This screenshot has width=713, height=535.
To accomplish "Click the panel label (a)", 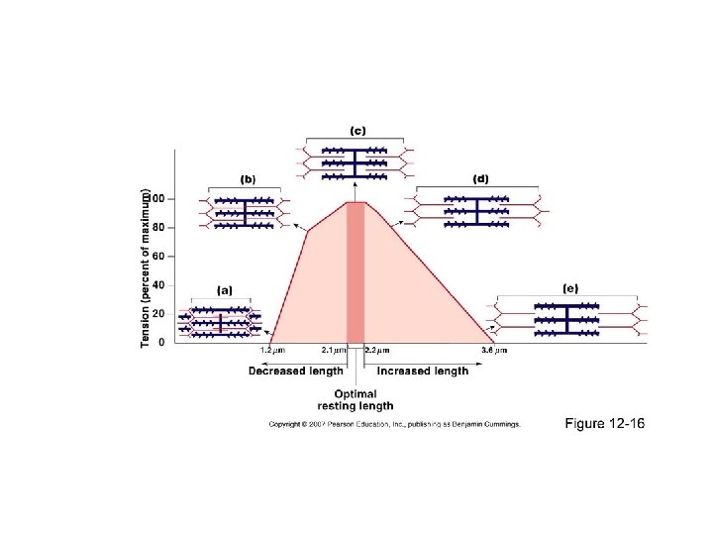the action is [x=225, y=290].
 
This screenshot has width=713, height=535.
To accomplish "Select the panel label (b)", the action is [x=248, y=179].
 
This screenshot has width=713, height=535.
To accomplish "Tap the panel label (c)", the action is [x=357, y=130].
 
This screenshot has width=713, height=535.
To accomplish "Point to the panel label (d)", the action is [x=480, y=179].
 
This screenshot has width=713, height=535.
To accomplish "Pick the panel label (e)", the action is [x=569, y=288].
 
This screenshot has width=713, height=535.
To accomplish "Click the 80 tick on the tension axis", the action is [x=158, y=227].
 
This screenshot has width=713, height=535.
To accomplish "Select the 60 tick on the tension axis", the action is [x=158, y=256].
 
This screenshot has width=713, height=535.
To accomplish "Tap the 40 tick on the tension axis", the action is [x=158, y=284].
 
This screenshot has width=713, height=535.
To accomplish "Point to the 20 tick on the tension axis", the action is [x=158, y=313].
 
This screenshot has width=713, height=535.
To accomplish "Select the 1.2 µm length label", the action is [x=272, y=350].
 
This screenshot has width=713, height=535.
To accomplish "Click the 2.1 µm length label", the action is [x=334, y=350].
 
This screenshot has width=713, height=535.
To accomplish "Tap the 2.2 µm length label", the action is [x=377, y=350].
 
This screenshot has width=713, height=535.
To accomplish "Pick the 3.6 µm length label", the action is [x=494, y=350].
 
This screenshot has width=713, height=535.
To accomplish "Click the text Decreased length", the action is [x=296, y=372].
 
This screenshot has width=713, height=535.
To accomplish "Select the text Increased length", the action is [x=422, y=372].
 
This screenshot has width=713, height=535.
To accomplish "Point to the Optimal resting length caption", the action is [x=356, y=399].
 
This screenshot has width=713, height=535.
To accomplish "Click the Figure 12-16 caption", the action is [x=604, y=424].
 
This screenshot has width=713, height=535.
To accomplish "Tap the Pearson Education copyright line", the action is [x=394, y=425].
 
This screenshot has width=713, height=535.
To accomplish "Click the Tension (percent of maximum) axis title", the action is [x=146, y=267].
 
